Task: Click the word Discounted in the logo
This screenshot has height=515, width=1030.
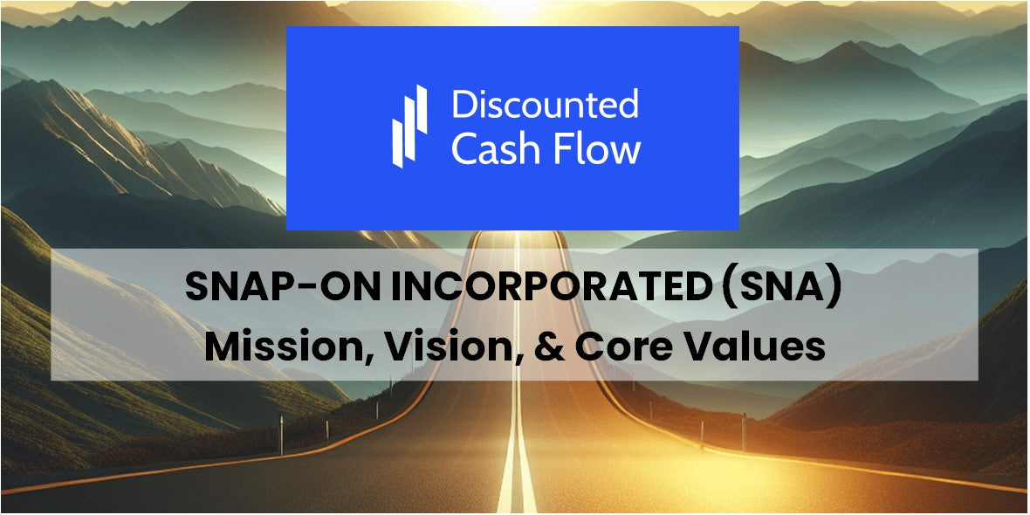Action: coord(546,105)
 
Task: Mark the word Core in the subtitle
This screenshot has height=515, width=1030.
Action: coord(622,347)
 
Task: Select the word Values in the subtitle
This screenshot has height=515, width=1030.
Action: coord(759,347)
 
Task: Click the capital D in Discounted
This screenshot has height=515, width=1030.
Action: coord(463,105)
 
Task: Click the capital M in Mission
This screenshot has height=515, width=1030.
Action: coord(222,347)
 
